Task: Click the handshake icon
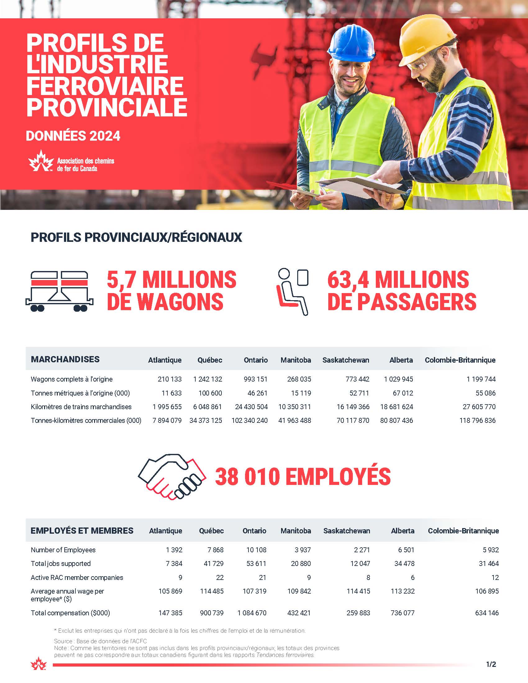(x=172, y=476)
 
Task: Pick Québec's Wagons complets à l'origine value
(x=207, y=379)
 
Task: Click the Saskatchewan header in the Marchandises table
(x=346, y=360)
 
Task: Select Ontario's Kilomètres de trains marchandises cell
(x=251, y=407)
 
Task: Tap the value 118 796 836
(x=477, y=420)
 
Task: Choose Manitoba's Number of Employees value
(x=300, y=550)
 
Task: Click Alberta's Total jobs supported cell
(x=404, y=563)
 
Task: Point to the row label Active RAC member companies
(x=77, y=577)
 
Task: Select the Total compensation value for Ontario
(x=252, y=613)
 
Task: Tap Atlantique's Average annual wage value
(x=170, y=591)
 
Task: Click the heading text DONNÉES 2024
(x=73, y=136)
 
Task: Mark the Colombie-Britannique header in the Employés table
(x=463, y=531)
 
